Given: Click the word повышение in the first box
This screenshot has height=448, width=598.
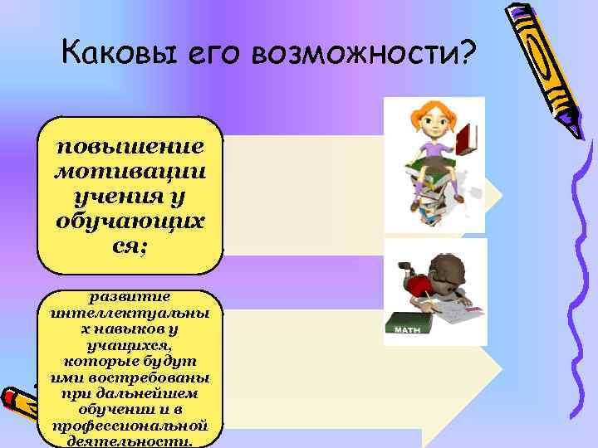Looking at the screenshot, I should (x=130, y=148).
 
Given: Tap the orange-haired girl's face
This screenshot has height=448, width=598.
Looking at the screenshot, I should (x=434, y=123).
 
